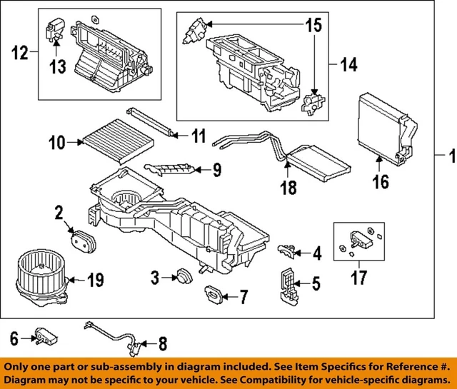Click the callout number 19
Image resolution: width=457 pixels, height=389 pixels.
[x=96, y=279]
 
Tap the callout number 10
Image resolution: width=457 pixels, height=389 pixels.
[x=56, y=143]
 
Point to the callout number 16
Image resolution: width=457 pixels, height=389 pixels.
[x=381, y=182]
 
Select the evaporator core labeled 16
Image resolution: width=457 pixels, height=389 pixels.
[x=384, y=125]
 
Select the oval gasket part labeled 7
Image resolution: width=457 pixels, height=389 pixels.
[x=214, y=292]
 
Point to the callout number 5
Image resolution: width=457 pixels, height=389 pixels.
[x=315, y=283]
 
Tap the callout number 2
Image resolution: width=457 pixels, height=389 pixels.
[x=58, y=212]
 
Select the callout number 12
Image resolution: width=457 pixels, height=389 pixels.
[x=21, y=52]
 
